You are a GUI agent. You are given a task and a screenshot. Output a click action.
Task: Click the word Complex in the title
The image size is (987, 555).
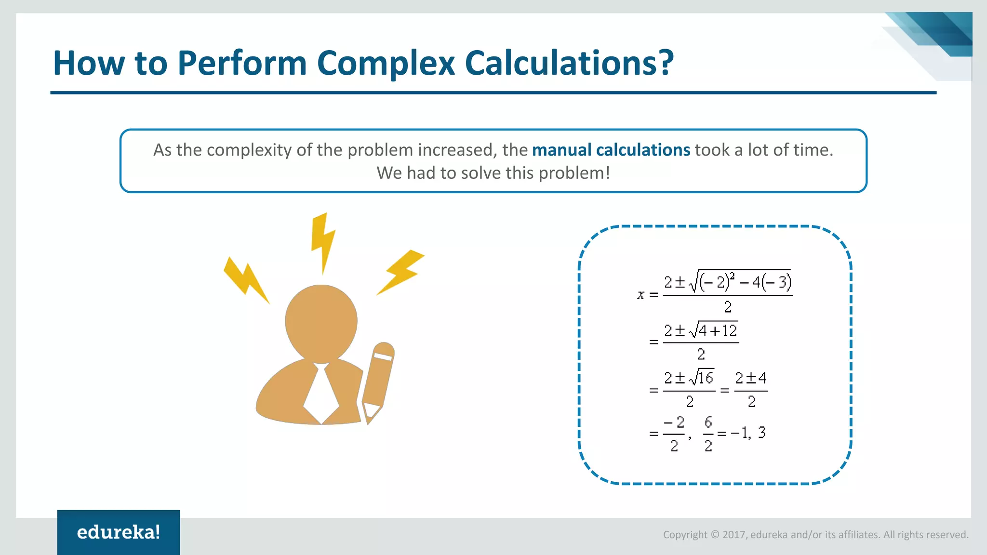pos(386,63)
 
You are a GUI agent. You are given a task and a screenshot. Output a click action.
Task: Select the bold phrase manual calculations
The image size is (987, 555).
pos(611,150)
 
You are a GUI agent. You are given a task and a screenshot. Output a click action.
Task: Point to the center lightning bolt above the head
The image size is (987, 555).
pos(322,241)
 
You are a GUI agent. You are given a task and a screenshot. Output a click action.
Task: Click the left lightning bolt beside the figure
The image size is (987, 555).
pos(245,280)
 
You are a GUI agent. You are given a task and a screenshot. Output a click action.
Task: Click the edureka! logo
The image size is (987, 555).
pos(119,532)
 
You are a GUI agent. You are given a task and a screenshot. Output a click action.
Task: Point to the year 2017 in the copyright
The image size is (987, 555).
pos(734,535)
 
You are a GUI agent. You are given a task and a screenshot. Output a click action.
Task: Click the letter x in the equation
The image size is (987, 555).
pos(640,294)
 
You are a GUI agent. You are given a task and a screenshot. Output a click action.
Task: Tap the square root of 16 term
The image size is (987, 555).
pos(702,378)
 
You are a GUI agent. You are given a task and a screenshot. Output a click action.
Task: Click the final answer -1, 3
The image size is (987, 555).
pos(748,433)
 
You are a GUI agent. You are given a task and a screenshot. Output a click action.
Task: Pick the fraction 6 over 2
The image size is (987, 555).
pos(708,434)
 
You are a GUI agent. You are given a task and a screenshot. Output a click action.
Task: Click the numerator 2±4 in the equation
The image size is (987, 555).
pos(750,378)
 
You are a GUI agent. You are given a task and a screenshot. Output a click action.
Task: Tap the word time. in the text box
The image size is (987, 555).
pos(814,150)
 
